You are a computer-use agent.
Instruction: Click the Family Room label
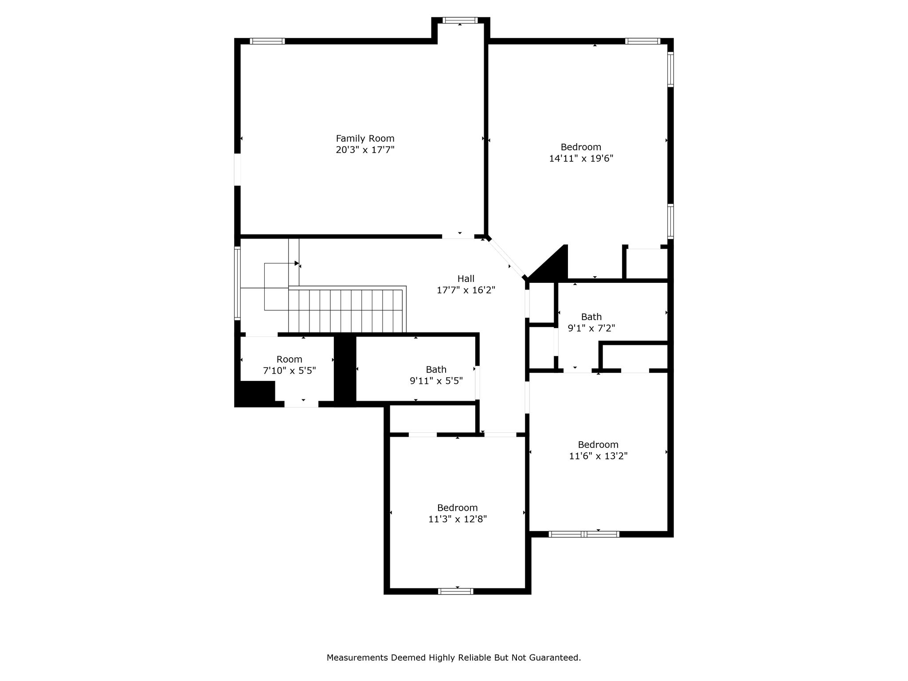click(x=365, y=138)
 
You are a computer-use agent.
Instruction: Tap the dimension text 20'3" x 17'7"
click(x=365, y=150)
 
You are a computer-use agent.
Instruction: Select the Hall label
click(x=466, y=278)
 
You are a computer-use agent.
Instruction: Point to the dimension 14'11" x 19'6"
click(x=581, y=158)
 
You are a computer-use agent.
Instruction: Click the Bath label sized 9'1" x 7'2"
click(x=591, y=317)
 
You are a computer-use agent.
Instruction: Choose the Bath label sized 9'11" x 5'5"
click(x=436, y=369)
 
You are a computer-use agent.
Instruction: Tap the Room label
click(x=289, y=359)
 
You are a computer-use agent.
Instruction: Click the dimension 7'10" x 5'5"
click(x=289, y=371)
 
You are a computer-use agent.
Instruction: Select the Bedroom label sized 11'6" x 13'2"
click(x=598, y=444)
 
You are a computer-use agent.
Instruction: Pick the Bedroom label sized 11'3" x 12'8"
click(x=458, y=508)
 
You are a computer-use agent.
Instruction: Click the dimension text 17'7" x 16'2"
click(x=466, y=290)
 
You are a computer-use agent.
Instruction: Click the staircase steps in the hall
click(x=347, y=309)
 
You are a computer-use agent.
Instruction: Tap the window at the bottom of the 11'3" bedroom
click(x=456, y=591)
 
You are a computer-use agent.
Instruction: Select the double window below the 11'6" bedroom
click(x=584, y=534)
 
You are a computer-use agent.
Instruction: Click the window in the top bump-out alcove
click(x=460, y=20)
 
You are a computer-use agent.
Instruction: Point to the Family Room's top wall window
click(x=267, y=41)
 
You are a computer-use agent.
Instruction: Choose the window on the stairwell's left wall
click(x=238, y=283)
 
